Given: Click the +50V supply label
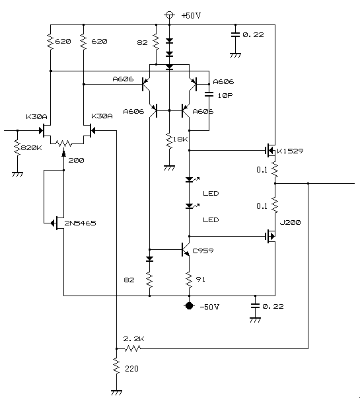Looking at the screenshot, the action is [x=191, y=15].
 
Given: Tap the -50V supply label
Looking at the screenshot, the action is [x=209, y=307].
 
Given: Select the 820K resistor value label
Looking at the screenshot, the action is [x=32, y=147].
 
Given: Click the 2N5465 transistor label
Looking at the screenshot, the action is [x=80, y=223].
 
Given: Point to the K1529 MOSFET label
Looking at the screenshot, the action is [x=290, y=151].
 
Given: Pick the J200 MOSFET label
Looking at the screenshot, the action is [x=290, y=223].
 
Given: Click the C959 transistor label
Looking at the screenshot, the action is [x=203, y=251].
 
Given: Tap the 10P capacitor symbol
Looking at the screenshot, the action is [x=209, y=94].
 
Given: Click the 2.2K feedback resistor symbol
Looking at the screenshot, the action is [x=132, y=348].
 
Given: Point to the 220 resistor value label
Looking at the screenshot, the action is [x=131, y=368].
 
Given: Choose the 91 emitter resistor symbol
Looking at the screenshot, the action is [x=189, y=280].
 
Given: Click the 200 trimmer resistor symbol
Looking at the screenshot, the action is [x=63, y=143].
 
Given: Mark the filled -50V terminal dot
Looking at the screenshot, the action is [x=189, y=306].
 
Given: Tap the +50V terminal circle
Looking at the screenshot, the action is [x=169, y=15].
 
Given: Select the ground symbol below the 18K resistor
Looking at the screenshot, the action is [x=169, y=168].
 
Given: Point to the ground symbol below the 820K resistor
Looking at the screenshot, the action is [x=17, y=175].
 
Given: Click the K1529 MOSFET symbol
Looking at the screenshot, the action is [x=270, y=151].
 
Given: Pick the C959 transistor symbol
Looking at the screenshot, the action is [x=186, y=250].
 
